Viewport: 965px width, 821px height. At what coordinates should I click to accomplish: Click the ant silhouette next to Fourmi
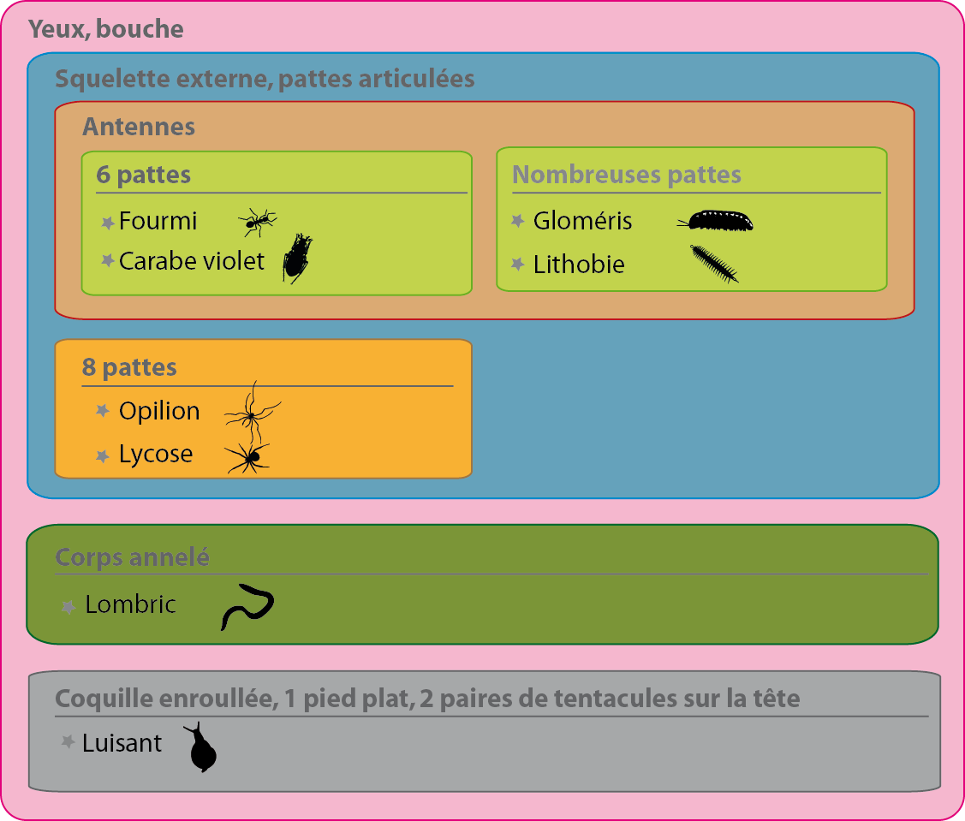(257, 222)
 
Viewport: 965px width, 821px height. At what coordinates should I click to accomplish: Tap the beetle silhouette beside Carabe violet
(297, 258)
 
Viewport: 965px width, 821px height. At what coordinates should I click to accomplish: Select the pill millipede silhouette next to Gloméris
(718, 221)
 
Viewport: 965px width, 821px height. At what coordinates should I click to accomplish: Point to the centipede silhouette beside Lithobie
(714, 263)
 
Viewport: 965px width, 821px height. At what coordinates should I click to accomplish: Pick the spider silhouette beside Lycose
(249, 457)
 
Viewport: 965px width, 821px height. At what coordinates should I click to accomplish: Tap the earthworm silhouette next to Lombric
(247, 605)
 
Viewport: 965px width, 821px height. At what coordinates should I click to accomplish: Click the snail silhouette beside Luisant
(201, 749)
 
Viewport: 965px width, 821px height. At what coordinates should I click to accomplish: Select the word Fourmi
(158, 221)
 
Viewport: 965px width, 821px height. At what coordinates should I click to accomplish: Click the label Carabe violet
(192, 260)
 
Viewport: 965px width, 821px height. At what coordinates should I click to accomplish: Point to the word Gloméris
(582, 221)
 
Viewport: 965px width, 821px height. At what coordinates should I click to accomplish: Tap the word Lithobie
(579, 265)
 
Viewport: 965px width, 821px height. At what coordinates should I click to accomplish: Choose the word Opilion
(159, 411)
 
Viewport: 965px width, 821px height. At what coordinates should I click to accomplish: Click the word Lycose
(156, 454)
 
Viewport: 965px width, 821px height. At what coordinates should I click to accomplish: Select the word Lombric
(130, 604)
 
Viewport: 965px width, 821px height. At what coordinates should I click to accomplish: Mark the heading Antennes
(139, 127)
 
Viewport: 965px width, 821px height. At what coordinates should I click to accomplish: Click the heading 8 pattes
(129, 367)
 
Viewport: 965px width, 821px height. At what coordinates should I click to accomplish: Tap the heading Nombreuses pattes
(626, 175)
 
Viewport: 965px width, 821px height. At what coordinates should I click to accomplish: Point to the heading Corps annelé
(132, 557)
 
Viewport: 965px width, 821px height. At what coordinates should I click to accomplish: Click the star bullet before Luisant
(69, 742)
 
